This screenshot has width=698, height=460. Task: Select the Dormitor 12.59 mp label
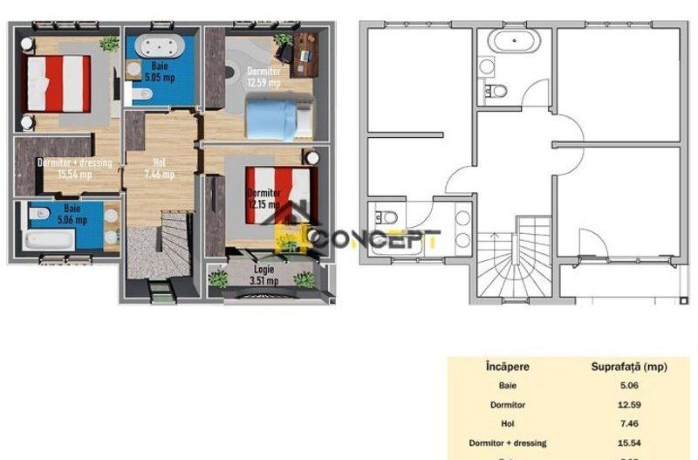point(263,77)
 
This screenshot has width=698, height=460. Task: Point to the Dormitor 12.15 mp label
point(263,198)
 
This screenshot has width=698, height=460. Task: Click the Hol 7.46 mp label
point(159,168)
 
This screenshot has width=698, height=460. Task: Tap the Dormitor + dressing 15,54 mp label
point(74,168)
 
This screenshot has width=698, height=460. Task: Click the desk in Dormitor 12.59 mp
point(306,47)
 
